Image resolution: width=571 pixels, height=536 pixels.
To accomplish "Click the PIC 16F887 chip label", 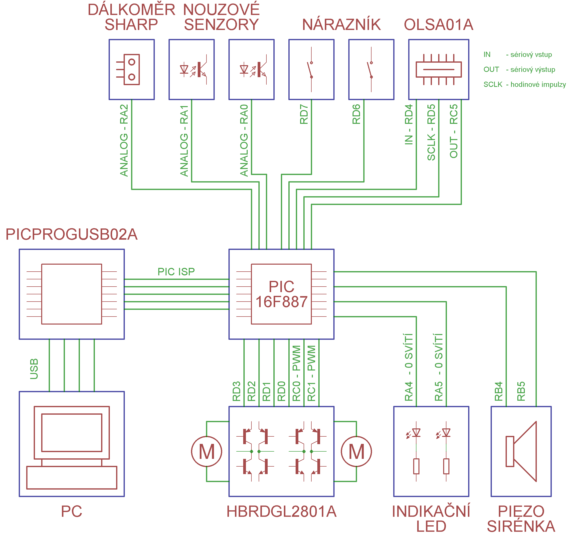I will [281, 294].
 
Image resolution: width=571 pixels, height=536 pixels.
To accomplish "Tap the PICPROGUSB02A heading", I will [71, 234].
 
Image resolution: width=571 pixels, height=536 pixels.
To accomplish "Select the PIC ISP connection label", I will [176, 272].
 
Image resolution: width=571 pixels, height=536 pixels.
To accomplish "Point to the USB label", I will [34, 369].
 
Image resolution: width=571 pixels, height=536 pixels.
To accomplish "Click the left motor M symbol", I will [206, 452].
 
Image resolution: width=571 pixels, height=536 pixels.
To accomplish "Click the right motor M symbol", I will [356, 452].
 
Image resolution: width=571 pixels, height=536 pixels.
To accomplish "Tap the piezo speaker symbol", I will [521, 451].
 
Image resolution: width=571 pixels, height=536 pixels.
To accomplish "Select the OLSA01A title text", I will [438, 25].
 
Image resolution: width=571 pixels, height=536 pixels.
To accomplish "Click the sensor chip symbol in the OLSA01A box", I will [439, 69].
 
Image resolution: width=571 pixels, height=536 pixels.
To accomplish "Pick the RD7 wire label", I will [304, 114].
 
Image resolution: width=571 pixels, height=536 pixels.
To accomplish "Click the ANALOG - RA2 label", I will [124, 140].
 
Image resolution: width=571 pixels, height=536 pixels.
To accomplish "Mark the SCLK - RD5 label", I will [431, 132].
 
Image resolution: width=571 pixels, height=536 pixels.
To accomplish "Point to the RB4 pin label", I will [499, 391].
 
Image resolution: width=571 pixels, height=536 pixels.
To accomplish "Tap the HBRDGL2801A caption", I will [281, 512].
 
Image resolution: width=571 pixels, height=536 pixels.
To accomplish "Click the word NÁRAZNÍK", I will [341, 25].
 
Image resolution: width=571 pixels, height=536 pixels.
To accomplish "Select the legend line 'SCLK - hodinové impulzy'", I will [524, 84].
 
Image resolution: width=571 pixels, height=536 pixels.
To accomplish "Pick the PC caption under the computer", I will [71, 512].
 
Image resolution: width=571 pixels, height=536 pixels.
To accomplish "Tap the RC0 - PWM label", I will [296, 373].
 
